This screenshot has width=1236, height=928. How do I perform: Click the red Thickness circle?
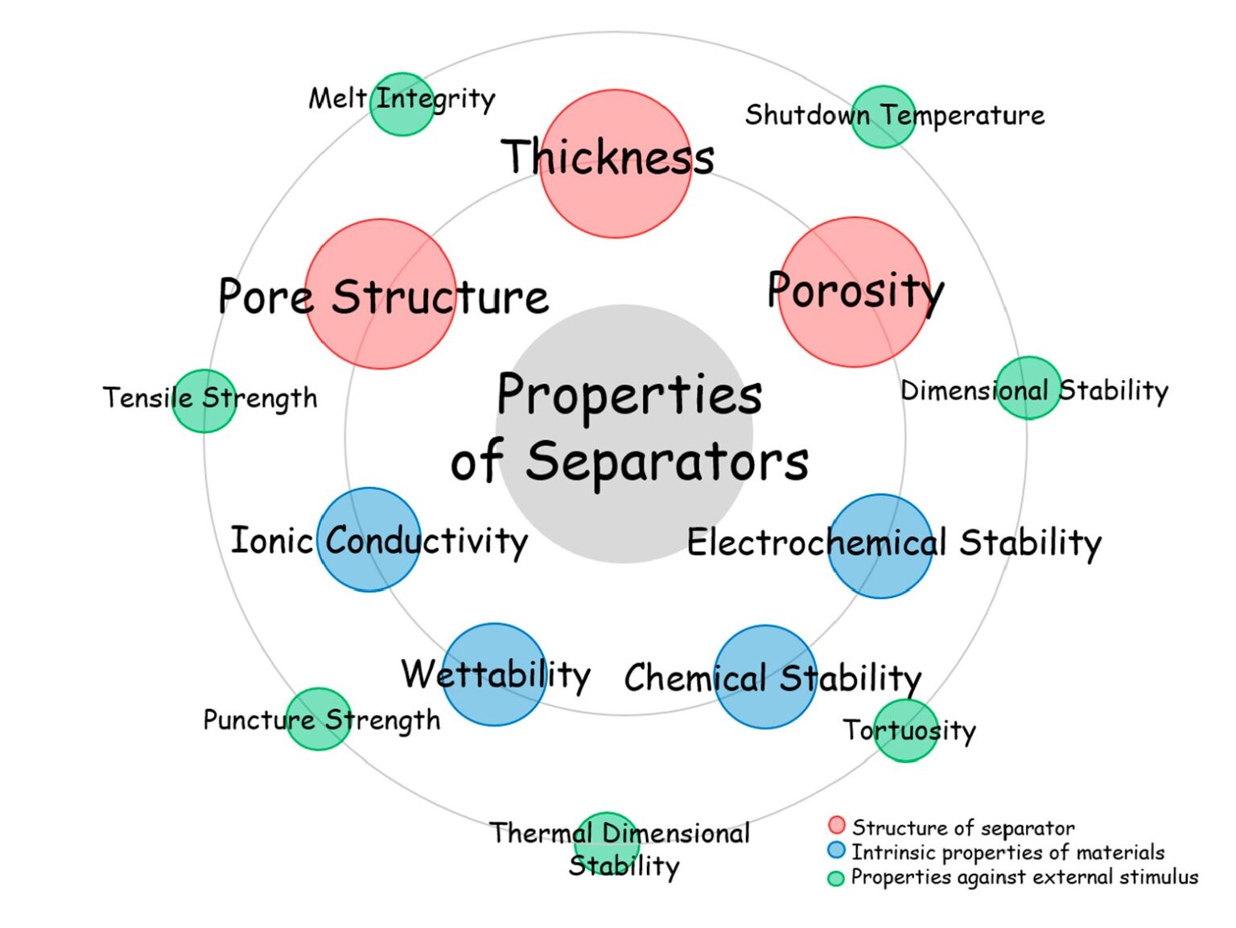[616, 163]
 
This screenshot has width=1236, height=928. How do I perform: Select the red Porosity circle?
[855, 292]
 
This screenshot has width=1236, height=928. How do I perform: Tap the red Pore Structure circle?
[381, 294]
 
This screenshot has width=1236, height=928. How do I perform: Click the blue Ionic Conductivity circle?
[369, 539]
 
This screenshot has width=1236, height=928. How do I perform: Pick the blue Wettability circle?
[495, 674]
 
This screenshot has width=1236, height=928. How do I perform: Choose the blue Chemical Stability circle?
[765, 676]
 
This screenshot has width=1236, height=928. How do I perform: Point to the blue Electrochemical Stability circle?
[880, 546]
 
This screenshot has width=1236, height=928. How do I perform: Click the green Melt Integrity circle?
[402, 104]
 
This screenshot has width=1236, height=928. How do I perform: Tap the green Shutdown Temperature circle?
[883, 117]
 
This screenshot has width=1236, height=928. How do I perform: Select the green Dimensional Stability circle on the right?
[1028, 388]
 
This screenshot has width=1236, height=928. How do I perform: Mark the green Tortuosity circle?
[905, 731]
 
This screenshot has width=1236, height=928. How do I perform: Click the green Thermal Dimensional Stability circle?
[607, 842]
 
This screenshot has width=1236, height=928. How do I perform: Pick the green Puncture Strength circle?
[319, 719]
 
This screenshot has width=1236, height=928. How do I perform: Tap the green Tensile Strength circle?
[204, 401]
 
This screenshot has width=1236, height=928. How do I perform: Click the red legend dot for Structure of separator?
[837, 825]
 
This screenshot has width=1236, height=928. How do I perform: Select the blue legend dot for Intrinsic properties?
[837, 850]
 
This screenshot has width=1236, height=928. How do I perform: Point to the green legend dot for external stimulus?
[836, 878]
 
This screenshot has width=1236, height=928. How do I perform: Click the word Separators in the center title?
[667, 461]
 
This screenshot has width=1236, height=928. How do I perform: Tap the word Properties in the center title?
[629, 394]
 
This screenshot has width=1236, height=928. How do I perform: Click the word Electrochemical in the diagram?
[816, 542]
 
